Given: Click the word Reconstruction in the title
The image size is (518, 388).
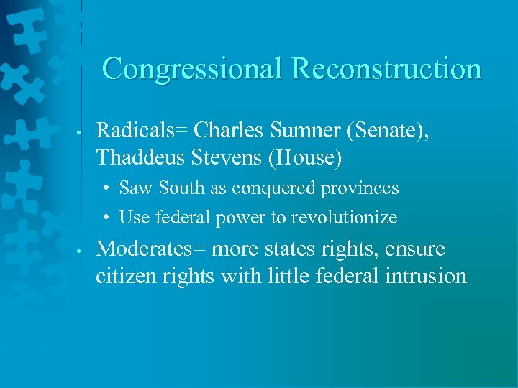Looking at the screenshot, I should (386, 69).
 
